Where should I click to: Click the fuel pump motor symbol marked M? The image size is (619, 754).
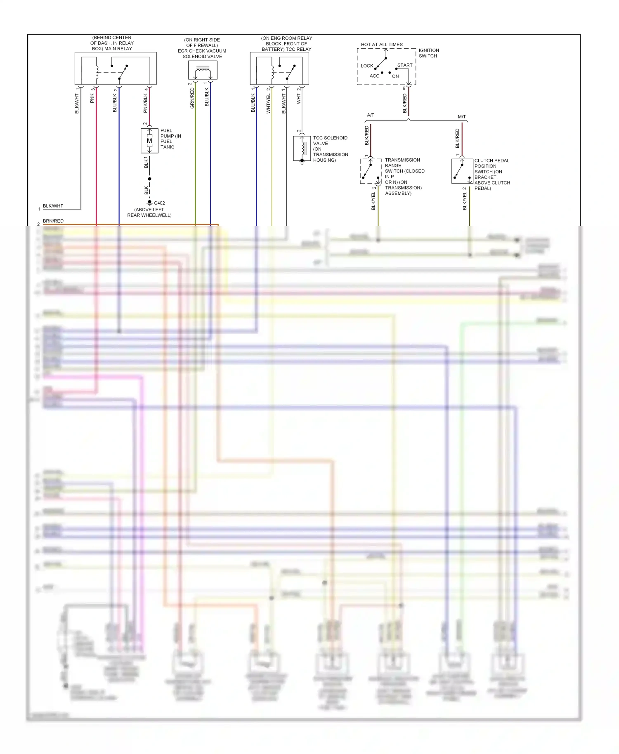click(149, 141)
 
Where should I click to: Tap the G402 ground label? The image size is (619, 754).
click(159, 203)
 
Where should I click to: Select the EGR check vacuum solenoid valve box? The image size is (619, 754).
click(203, 70)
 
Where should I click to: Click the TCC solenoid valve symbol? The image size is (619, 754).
click(302, 148)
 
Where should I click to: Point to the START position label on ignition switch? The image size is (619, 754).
click(405, 65)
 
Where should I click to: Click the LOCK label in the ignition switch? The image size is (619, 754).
click(366, 66)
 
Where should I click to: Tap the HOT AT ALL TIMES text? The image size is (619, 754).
click(382, 45)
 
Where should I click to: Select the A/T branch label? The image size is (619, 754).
click(371, 115)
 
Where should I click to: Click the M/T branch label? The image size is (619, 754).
click(462, 117)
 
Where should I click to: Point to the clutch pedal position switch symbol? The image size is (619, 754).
click(462, 171)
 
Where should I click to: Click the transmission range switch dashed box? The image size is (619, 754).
click(371, 171)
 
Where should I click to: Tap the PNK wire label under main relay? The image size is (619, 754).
click(92, 98)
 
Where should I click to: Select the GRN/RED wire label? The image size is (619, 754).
click(192, 98)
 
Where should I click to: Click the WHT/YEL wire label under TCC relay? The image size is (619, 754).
click(268, 103)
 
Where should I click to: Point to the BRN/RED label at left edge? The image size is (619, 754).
click(53, 221)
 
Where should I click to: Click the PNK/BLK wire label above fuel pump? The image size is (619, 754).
click(145, 103)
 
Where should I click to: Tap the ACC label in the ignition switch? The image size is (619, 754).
click(374, 76)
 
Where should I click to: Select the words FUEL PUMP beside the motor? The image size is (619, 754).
click(167, 133)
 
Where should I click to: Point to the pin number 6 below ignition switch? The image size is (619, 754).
click(404, 88)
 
